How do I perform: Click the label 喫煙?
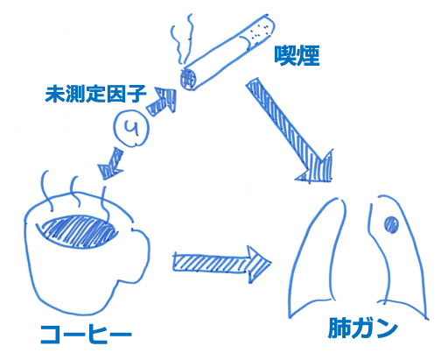coord(297,55)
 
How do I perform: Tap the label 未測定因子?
coord(95,94)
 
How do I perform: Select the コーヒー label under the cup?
coord(86,335)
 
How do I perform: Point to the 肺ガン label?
coord(363,328)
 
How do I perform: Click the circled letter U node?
coord(131,128)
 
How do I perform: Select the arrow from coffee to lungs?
coord(221,264)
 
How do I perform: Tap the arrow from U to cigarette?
coord(162,102)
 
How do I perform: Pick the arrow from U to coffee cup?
coord(111,164)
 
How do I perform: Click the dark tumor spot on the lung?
coord(391,224)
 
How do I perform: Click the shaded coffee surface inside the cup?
coord(80,232)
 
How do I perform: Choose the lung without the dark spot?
coord(317,257)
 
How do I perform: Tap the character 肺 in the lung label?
coord(339,328)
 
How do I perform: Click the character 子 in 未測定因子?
coord(136,94)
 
